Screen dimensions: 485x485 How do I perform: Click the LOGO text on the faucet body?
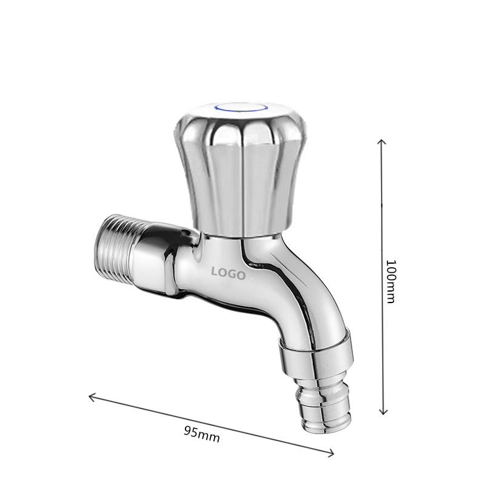pyautogui.click(x=229, y=273)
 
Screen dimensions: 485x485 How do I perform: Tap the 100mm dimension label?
pyautogui.click(x=391, y=281)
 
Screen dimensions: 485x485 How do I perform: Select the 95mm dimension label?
pyautogui.click(x=202, y=434)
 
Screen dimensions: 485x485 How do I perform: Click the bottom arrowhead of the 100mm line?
pyautogui.click(x=383, y=412)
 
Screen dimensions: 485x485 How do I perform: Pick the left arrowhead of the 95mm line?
pyautogui.click(x=92, y=397)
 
